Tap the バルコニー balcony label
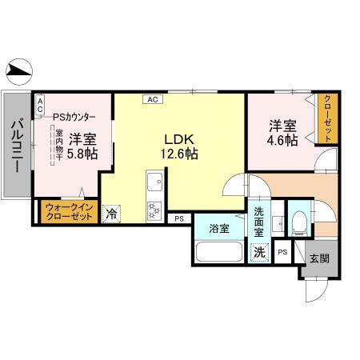click(16, 146)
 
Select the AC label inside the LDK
click(153, 99)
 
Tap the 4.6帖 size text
click(282, 141)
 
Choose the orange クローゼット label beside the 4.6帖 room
click(326, 119)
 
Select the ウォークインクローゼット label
click(66, 210)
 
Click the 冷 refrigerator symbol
click(112, 214)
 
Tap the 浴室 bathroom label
click(218, 227)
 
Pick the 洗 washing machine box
click(259, 253)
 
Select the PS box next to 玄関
click(282, 252)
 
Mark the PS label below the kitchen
click(179, 218)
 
